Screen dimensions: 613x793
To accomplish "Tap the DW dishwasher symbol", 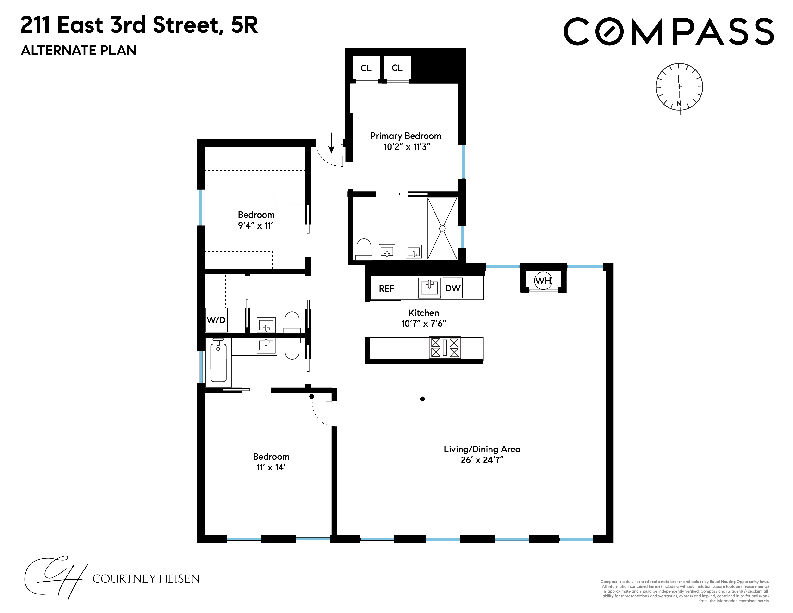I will click(453, 288).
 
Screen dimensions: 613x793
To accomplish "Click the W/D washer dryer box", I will click(216, 320).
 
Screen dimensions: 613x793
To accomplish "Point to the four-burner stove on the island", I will click(445, 348).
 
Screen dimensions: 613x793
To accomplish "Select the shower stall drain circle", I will click(442, 228).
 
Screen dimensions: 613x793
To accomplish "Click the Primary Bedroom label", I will click(406, 136).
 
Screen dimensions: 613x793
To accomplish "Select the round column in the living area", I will click(422, 399).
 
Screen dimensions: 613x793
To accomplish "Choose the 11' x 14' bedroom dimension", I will click(271, 467).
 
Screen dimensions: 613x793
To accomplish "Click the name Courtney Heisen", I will click(146, 578).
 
